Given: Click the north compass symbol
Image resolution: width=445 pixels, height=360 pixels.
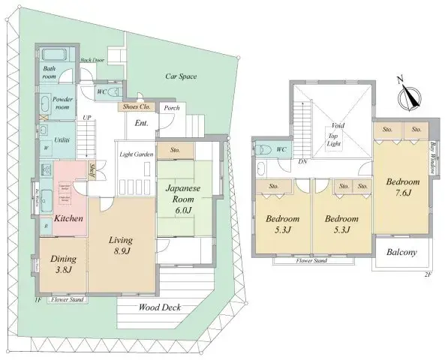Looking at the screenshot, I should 410,96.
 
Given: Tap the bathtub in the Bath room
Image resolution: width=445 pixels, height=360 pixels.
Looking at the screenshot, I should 54,55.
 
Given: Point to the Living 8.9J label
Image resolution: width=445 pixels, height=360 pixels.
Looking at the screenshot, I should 120,245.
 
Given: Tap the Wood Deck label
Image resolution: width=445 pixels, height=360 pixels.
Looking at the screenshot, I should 160,307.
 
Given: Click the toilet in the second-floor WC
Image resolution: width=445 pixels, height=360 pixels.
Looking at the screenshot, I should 262,149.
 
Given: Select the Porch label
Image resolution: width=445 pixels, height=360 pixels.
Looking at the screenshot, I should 171,107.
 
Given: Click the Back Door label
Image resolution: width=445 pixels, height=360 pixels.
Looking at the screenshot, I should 92,59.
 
